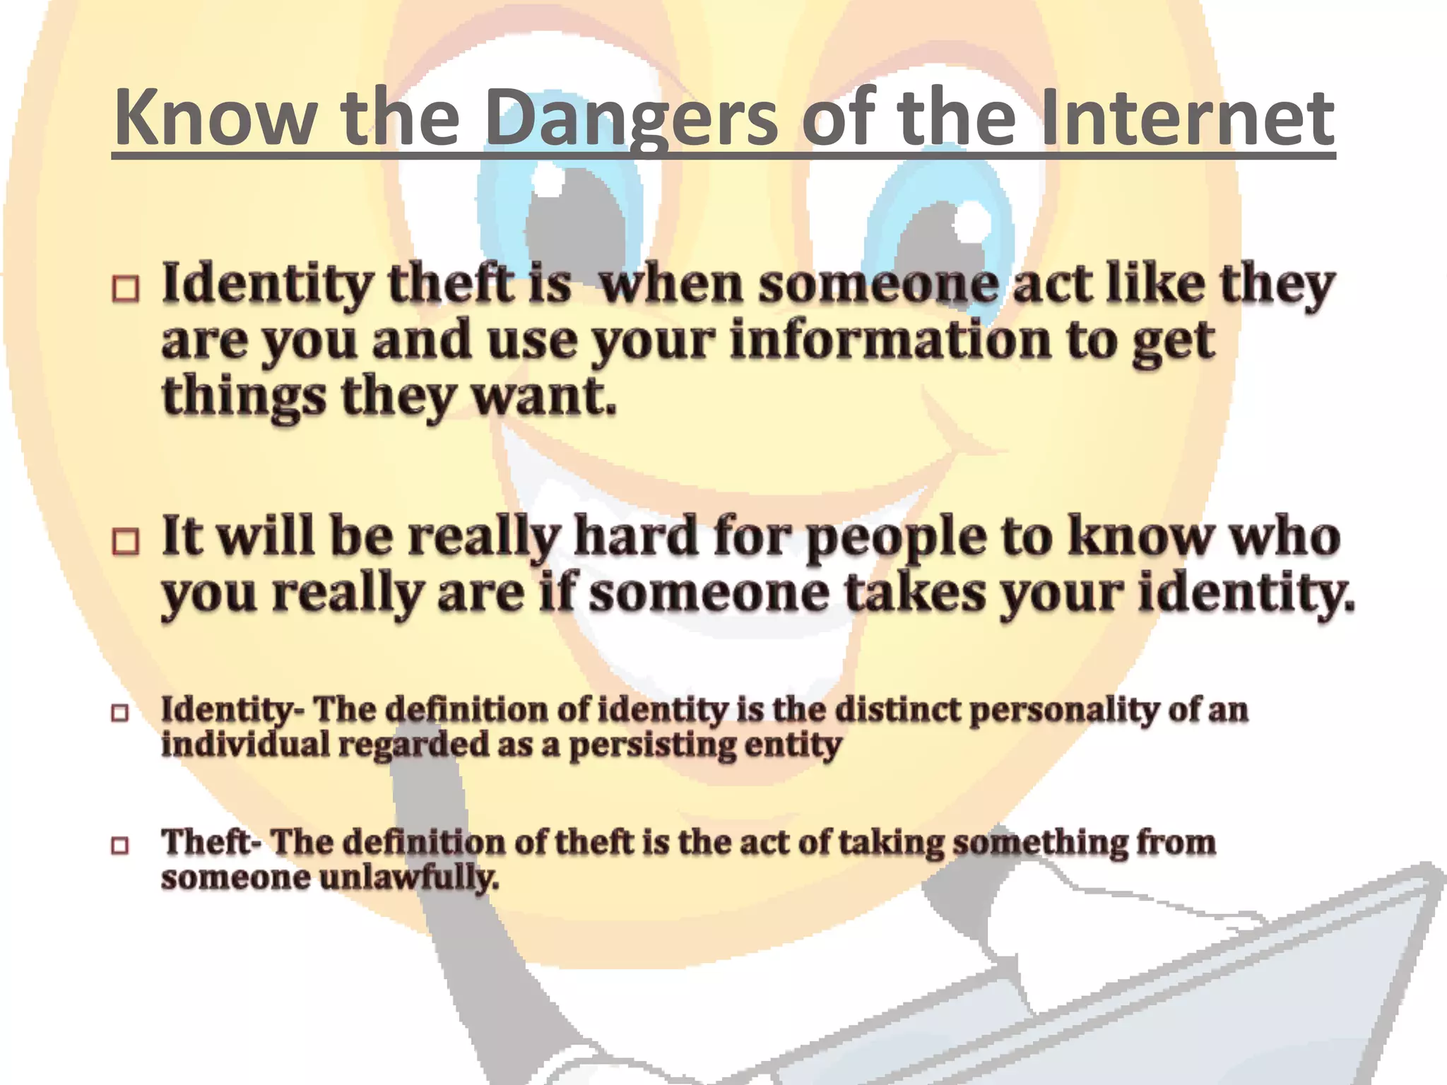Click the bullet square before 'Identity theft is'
coord(126,288)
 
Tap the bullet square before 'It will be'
coord(126,541)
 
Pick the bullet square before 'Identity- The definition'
coord(120,713)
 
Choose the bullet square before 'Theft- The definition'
coord(120,845)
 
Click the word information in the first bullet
coord(891,340)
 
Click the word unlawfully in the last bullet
coord(409,878)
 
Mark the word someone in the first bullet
coord(880,284)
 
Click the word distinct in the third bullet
coord(897,709)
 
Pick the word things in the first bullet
coord(244,397)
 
